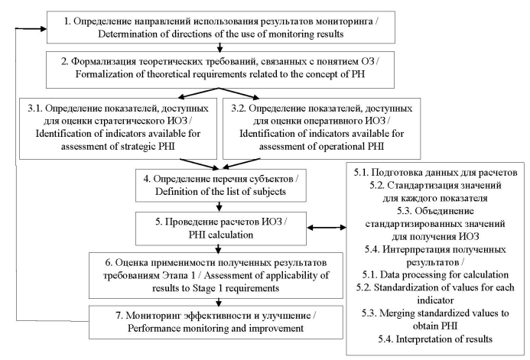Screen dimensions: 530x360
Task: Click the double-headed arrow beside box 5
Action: (x=327, y=228)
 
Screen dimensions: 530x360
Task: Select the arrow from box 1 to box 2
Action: (x=220, y=47)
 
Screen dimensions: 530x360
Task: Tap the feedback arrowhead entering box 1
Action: (x=44, y=29)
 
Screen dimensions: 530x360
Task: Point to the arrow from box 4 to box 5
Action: (x=219, y=206)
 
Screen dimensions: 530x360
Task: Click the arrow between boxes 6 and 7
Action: (x=219, y=302)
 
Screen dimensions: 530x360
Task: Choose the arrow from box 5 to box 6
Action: (x=219, y=249)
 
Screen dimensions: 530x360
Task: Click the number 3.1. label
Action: (x=35, y=109)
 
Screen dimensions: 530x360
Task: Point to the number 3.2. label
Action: (x=239, y=109)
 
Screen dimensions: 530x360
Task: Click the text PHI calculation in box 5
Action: (x=221, y=235)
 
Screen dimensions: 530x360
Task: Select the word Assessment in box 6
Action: (x=226, y=276)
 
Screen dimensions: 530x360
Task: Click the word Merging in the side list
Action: (x=395, y=313)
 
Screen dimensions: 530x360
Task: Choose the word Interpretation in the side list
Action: (x=423, y=339)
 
